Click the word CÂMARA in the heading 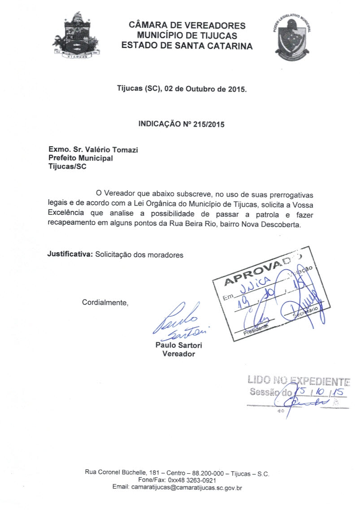click(x=146, y=25)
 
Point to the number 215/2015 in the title click(x=209, y=124)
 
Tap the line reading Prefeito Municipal click(x=81, y=158)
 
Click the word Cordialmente click(x=105, y=302)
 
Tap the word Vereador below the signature click(x=178, y=354)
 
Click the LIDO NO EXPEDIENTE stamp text click(x=298, y=382)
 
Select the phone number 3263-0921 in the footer click(x=202, y=480)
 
